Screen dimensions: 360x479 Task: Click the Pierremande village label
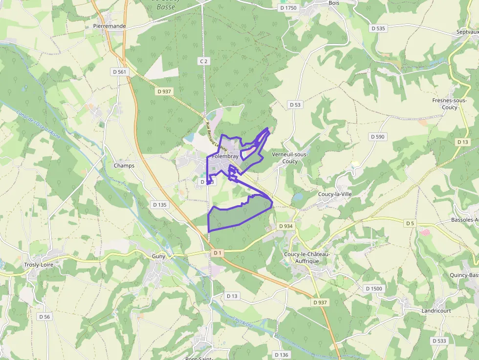[x=109, y=26]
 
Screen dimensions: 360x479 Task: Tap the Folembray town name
[x=225, y=156]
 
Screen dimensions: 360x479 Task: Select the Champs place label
[x=124, y=166]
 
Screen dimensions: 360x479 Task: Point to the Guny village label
[x=159, y=256]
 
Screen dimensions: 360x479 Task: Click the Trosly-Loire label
[x=42, y=265]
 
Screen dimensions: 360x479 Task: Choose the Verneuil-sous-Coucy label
[x=289, y=158]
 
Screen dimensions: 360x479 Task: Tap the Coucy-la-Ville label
[x=335, y=194]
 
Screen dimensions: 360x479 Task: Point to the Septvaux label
[x=467, y=32]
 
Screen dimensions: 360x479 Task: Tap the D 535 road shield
[x=378, y=28]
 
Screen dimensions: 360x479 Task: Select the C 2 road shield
[x=204, y=61]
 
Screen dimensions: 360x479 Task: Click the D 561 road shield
[x=119, y=72]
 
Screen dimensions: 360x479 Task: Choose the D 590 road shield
[x=377, y=137]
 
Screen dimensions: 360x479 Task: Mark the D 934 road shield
[x=285, y=226]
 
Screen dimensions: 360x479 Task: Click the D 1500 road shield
[x=373, y=289]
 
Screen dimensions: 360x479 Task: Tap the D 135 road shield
[x=159, y=205]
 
